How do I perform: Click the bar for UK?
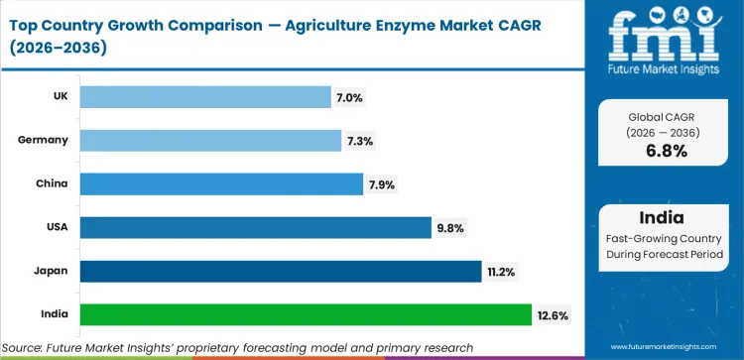(x=204, y=96)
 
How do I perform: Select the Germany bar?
(x=210, y=140)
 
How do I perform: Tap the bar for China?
(x=220, y=183)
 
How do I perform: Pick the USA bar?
(x=255, y=227)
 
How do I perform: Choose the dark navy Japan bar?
(x=281, y=271)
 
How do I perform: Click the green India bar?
(x=306, y=314)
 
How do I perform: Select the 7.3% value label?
(x=361, y=141)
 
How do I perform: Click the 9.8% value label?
(x=450, y=228)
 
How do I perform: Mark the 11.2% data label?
(x=501, y=272)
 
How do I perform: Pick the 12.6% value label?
(x=552, y=315)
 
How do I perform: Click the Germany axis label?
(x=44, y=140)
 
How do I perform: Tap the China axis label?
(x=54, y=183)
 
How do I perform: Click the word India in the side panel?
(x=661, y=218)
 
